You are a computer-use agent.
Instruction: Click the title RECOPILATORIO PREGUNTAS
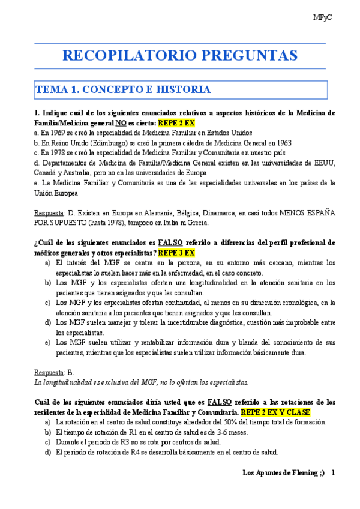point(180,56)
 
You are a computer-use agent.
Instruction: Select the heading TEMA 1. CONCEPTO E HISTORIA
point(123,90)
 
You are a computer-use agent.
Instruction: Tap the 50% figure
point(214,422)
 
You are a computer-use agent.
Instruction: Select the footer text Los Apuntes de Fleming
point(283,473)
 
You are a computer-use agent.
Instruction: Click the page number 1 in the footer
point(333,473)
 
